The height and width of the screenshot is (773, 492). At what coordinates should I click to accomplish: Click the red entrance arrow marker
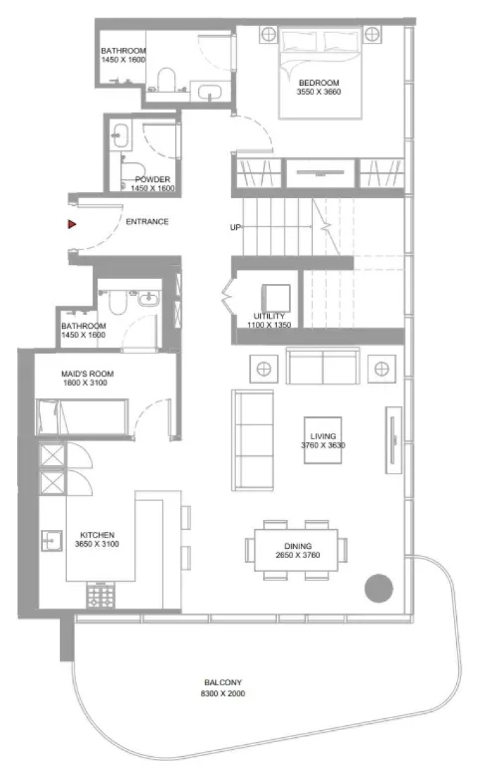click(x=72, y=224)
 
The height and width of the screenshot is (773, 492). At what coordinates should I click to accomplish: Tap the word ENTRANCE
click(x=147, y=222)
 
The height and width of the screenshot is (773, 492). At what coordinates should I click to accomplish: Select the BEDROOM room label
click(x=319, y=83)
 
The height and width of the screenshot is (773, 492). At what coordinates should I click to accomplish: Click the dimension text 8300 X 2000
click(x=223, y=693)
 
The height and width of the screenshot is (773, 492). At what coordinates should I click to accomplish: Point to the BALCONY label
click(x=224, y=683)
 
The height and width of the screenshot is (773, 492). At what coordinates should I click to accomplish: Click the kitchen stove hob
click(x=101, y=595)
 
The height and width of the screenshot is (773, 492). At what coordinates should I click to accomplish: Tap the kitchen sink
click(x=51, y=541)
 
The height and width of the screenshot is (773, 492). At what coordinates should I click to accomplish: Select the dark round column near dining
click(x=379, y=588)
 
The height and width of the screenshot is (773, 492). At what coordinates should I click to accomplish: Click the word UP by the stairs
click(x=235, y=227)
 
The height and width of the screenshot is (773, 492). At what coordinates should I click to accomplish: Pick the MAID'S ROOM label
click(x=87, y=374)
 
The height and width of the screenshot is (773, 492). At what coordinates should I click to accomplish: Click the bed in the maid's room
click(x=82, y=417)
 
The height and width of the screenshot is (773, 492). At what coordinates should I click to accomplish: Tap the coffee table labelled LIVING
click(x=323, y=440)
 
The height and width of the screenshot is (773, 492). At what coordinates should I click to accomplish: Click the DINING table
click(x=297, y=550)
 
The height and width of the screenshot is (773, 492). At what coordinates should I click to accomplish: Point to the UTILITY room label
click(x=269, y=316)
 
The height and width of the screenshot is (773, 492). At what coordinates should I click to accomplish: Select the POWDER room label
click(x=153, y=179)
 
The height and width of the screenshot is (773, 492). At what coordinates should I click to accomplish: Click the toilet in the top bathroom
click(x=167, y=80)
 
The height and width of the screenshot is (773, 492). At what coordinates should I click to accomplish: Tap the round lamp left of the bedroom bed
click(x=268, y=34)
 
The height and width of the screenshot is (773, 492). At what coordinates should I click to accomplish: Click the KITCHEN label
click(x=97, y=535)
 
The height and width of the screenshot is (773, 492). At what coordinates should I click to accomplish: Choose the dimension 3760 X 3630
click(x=323, y=445)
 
